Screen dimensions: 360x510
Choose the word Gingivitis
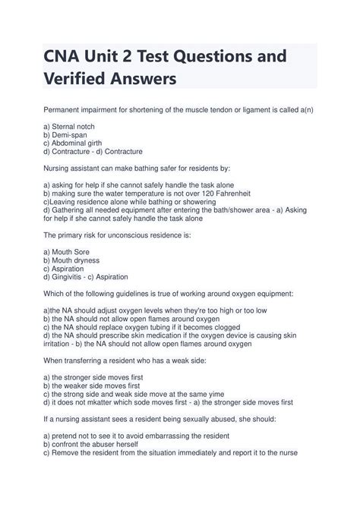click(x=74, y=277)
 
